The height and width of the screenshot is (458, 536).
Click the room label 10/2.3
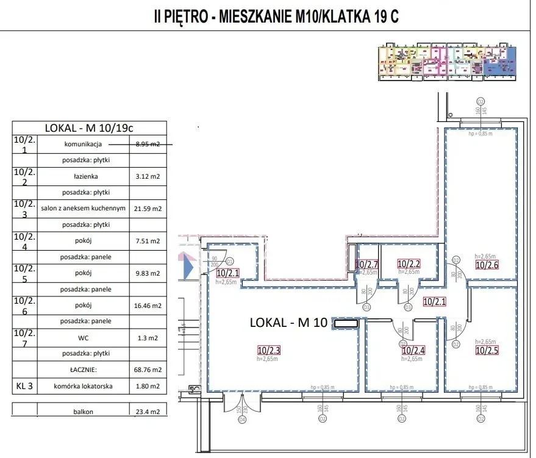pyautogui.click(x=269, y=350)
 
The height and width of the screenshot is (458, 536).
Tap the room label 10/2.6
pyautogui.click(x=487, y=265)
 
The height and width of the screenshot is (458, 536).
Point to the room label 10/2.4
pyautogui.click(x=413, y=351)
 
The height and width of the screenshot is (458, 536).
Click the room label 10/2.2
pyautogui.click(x=409, y=264)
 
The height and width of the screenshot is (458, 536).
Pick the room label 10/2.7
pyautogui.click(x=368, y=265)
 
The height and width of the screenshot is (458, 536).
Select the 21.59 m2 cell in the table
pyautogui.click(x=148, y=209)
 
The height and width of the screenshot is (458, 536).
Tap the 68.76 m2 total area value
pyautogui.click(x=148, y=370)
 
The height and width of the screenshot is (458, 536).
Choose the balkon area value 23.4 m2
pyautogui.click(x=148, y=412)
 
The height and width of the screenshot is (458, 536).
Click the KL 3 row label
pyautogui.click(x=24, y=385)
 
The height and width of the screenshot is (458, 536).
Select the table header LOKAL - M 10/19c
pyautogui.click(x=89, y=128)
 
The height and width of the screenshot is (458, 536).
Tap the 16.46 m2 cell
pyautogui.click(x=148, y=306)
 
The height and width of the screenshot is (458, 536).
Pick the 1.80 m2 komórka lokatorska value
pyautogui.click(x=148, y=385)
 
